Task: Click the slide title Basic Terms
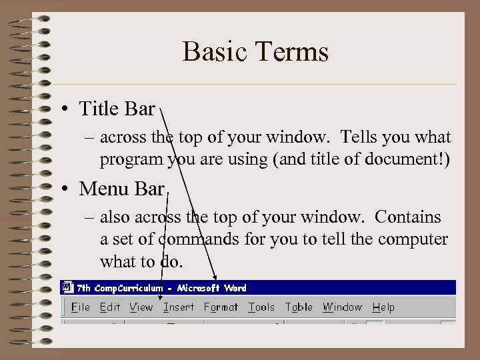(255, 52)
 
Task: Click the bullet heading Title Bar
(117, 108)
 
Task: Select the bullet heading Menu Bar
(121, 189)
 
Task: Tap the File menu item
(80, 307)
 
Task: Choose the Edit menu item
(109, 307)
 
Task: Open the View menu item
(141, 307)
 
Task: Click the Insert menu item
(178, 307)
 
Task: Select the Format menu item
(220, 307)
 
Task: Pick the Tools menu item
(261, 307)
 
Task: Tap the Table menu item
(298, 307)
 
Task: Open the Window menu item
(342, 307)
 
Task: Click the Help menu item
(383, 307)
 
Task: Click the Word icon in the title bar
(67, 288)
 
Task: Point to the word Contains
(408, 217)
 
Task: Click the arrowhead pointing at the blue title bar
(215, 277)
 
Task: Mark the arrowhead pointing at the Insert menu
(163, 275)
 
